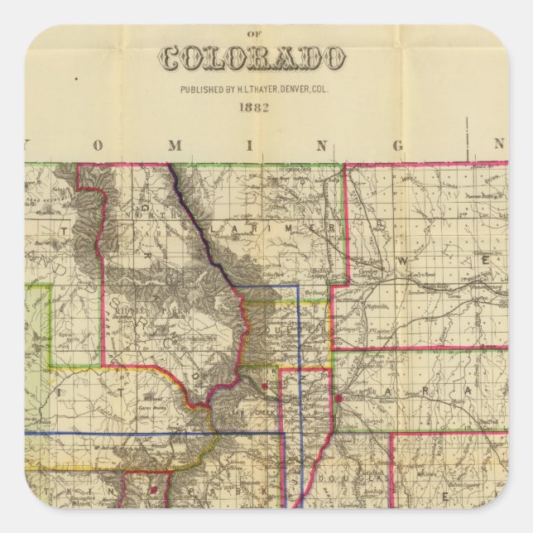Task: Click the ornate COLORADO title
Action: click(252, 58)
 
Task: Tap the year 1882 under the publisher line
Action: click(252, 108)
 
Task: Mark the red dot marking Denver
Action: click(339, 399)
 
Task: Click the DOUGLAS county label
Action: click(364, 478)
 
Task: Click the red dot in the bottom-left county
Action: click(153, 489)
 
